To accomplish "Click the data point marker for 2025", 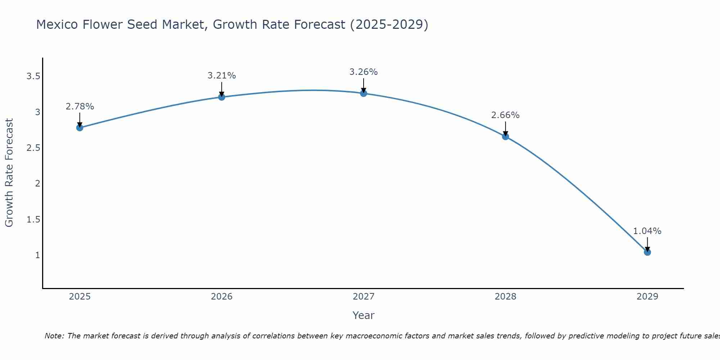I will tap(80, 127).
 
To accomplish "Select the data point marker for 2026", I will tap(221, 97).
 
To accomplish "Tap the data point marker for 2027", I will tap(363, 93).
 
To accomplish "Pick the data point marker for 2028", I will tap(505, 136).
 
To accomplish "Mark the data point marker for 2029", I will tap(647, 252).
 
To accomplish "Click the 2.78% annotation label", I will tap(80, 107).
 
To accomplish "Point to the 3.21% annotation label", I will tap(221, 76).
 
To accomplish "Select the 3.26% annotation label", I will tap(363, 72).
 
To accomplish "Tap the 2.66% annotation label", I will tap(505, 115).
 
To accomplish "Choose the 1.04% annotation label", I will tap(647, 231).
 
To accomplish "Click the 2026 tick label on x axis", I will tap(221, 297).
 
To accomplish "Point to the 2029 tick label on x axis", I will tap(647, 297).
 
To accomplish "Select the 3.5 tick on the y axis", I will tap(33, 76).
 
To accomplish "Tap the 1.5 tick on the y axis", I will tap(33, 219).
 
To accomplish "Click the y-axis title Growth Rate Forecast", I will tap(9, 172).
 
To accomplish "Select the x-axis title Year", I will tap(363, 315).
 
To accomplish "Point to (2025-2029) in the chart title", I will tap(389, 25).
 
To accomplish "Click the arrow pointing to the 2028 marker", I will tap(505, 129).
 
